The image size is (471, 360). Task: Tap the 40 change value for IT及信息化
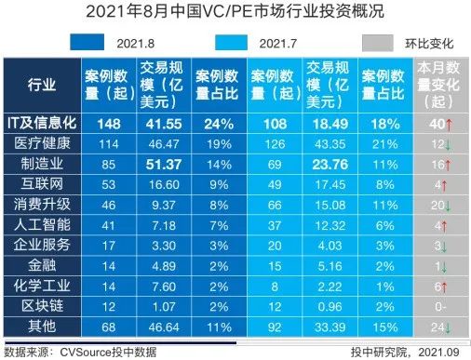click(x=437, y=123)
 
